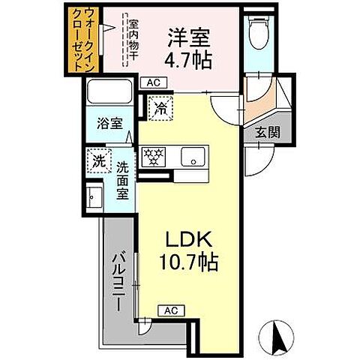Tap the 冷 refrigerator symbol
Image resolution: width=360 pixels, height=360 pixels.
point(160,108)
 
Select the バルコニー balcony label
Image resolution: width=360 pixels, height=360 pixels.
point(118,274)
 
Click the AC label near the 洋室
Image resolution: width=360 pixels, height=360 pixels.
point(153,82)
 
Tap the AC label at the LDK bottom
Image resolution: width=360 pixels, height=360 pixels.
point(170,310)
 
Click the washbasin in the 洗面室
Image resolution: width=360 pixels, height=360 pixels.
point(94,198)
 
